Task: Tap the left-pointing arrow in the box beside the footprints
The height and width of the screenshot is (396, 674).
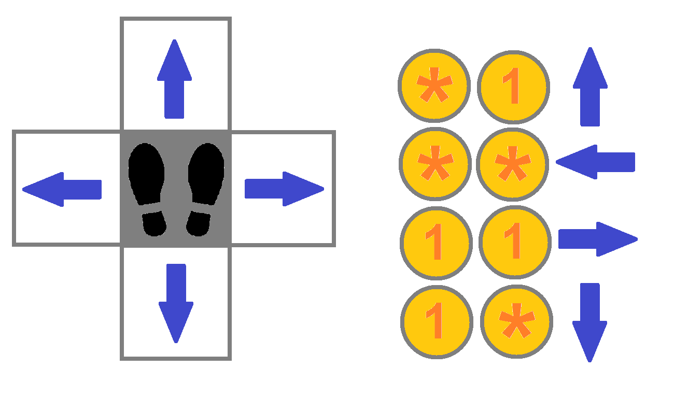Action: (x=62, y=189)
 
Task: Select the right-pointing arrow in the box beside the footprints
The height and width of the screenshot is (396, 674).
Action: (x=284, y=189)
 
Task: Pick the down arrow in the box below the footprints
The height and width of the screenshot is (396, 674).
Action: (x=176, y=303)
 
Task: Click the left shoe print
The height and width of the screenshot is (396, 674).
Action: (x=147, y=189)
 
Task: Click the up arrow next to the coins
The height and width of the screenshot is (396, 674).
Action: (x=590, y=87)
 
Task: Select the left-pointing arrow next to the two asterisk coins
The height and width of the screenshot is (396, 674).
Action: (x=595, y=162)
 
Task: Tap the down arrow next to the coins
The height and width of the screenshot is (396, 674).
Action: (x=589, y=322)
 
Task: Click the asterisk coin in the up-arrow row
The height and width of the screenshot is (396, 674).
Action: (x=434, y=86)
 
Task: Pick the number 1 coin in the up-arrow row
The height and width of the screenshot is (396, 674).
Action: (x=513, y=87)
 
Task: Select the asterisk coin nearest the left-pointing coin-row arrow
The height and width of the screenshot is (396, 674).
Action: (x=512, y=163)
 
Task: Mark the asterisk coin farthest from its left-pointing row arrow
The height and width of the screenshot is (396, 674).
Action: (x=434, y=163)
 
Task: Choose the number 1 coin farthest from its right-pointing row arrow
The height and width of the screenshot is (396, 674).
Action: (x=436, y=243)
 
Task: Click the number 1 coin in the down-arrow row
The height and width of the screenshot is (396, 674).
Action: (x=437, y=322)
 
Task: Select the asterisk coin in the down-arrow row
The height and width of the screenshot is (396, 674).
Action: (x=516, y=321)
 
